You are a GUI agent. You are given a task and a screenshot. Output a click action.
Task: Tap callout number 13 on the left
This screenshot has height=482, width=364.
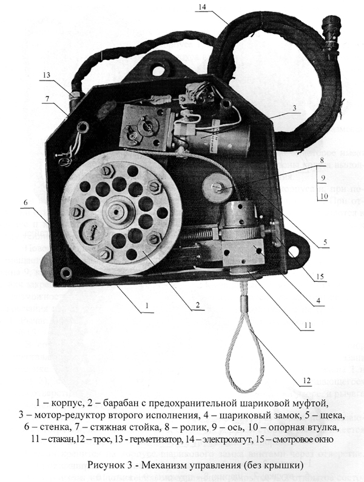click(x=47, y=75)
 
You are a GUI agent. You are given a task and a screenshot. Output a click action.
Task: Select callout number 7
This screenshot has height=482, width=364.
click(x=47, y=98)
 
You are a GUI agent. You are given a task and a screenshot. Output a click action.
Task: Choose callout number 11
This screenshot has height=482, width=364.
click(x=308, y=326)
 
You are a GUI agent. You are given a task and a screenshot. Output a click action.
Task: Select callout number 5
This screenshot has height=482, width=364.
click(x=325, y=243)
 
